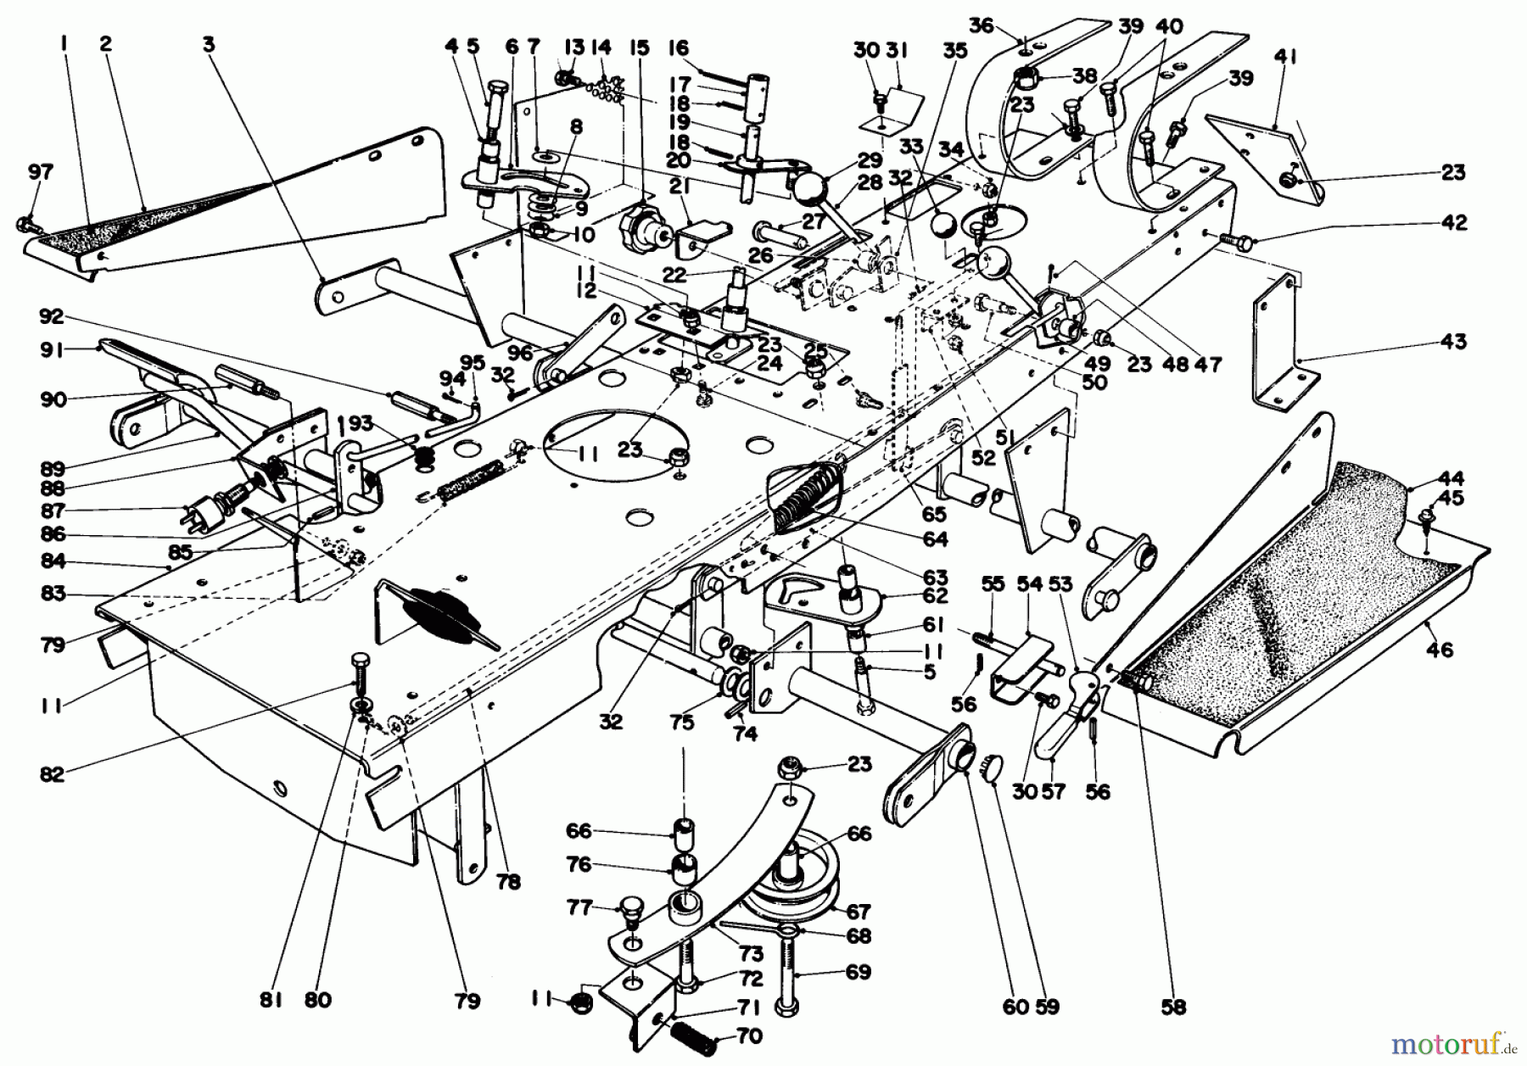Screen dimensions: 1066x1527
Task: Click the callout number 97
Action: click(x=40, y=172)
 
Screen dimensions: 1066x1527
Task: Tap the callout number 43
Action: click(x=1452, y=342)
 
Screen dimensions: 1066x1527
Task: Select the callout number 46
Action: click(x=1440, y=650)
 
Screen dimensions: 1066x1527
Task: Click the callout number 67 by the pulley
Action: click(x=859, y=912)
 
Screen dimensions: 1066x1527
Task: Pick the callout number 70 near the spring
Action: click(x=750, y=1036)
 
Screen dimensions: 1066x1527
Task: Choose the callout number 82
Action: click(x=53, y=774)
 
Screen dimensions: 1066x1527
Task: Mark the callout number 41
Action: click(x=1285, y=59)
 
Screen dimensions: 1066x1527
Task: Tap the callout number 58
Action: click(x=1174, y=1007)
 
